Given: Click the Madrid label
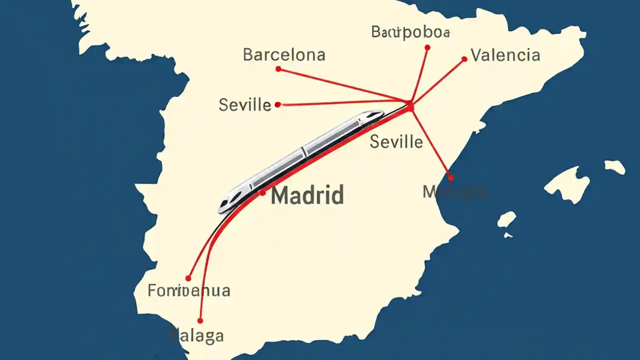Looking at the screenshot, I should click(x=307, y=195).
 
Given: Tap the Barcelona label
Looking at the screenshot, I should click(x=284, y=54).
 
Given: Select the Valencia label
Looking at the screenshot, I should click(x=505, y=54).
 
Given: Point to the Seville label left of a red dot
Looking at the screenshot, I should click(x=245, y=105).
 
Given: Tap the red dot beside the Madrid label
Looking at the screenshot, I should click(x=263, y=192).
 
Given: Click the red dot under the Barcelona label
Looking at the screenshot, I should click(x=278, y=69).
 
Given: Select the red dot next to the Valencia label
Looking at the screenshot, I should click(x=464, y=59).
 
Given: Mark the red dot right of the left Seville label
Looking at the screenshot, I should click(x=278, y=104).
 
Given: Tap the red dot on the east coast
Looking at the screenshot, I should click(x=450, y=177).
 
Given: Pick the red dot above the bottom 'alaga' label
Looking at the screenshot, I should click(x=200, y=320).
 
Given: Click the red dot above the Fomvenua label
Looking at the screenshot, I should click(x=188, y=278).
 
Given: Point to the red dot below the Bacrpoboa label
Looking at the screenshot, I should click(x=427, y=47).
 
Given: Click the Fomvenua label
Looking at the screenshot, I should click(x=189, y=290).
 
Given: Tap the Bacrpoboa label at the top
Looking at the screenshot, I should click(x=410, y=32).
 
